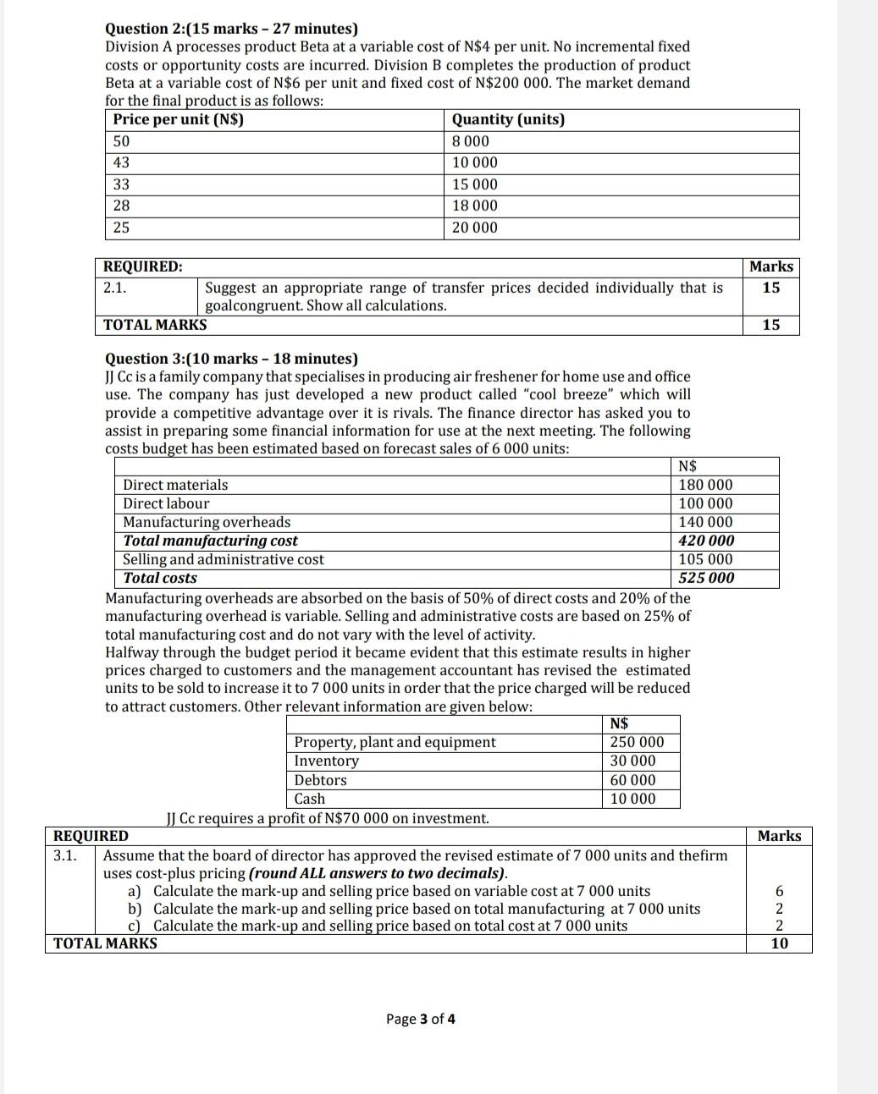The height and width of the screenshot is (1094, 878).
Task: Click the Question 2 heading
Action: point(231,29)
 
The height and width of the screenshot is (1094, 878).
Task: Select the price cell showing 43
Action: point(122,162)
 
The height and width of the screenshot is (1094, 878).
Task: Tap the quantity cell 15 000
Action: point(475,184)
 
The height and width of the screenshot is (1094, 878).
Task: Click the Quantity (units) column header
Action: point(508,119)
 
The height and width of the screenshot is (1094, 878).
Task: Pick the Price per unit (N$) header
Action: point(179,119)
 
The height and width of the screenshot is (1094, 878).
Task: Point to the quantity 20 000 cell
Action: point(475,228)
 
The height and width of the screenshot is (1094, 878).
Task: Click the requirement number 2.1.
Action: point(114,288)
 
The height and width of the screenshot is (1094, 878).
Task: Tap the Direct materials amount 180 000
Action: point(706,485)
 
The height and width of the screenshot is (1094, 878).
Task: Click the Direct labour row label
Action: point(166,503)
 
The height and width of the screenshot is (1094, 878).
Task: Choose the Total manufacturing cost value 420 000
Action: point(706,541)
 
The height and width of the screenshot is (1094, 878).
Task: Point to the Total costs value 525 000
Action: point(706,578)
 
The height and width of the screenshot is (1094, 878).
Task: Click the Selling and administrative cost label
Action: point(224,559)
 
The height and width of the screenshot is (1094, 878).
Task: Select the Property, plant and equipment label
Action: point(395,742)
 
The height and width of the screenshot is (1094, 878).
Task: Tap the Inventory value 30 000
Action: point(632,761)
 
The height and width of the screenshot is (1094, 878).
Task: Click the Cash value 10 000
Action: point(632,799)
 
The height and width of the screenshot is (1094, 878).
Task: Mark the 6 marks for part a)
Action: point(779,891)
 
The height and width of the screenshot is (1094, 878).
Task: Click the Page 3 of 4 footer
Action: point(421,1019)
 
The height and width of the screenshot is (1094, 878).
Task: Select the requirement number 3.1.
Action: point(64,855)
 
